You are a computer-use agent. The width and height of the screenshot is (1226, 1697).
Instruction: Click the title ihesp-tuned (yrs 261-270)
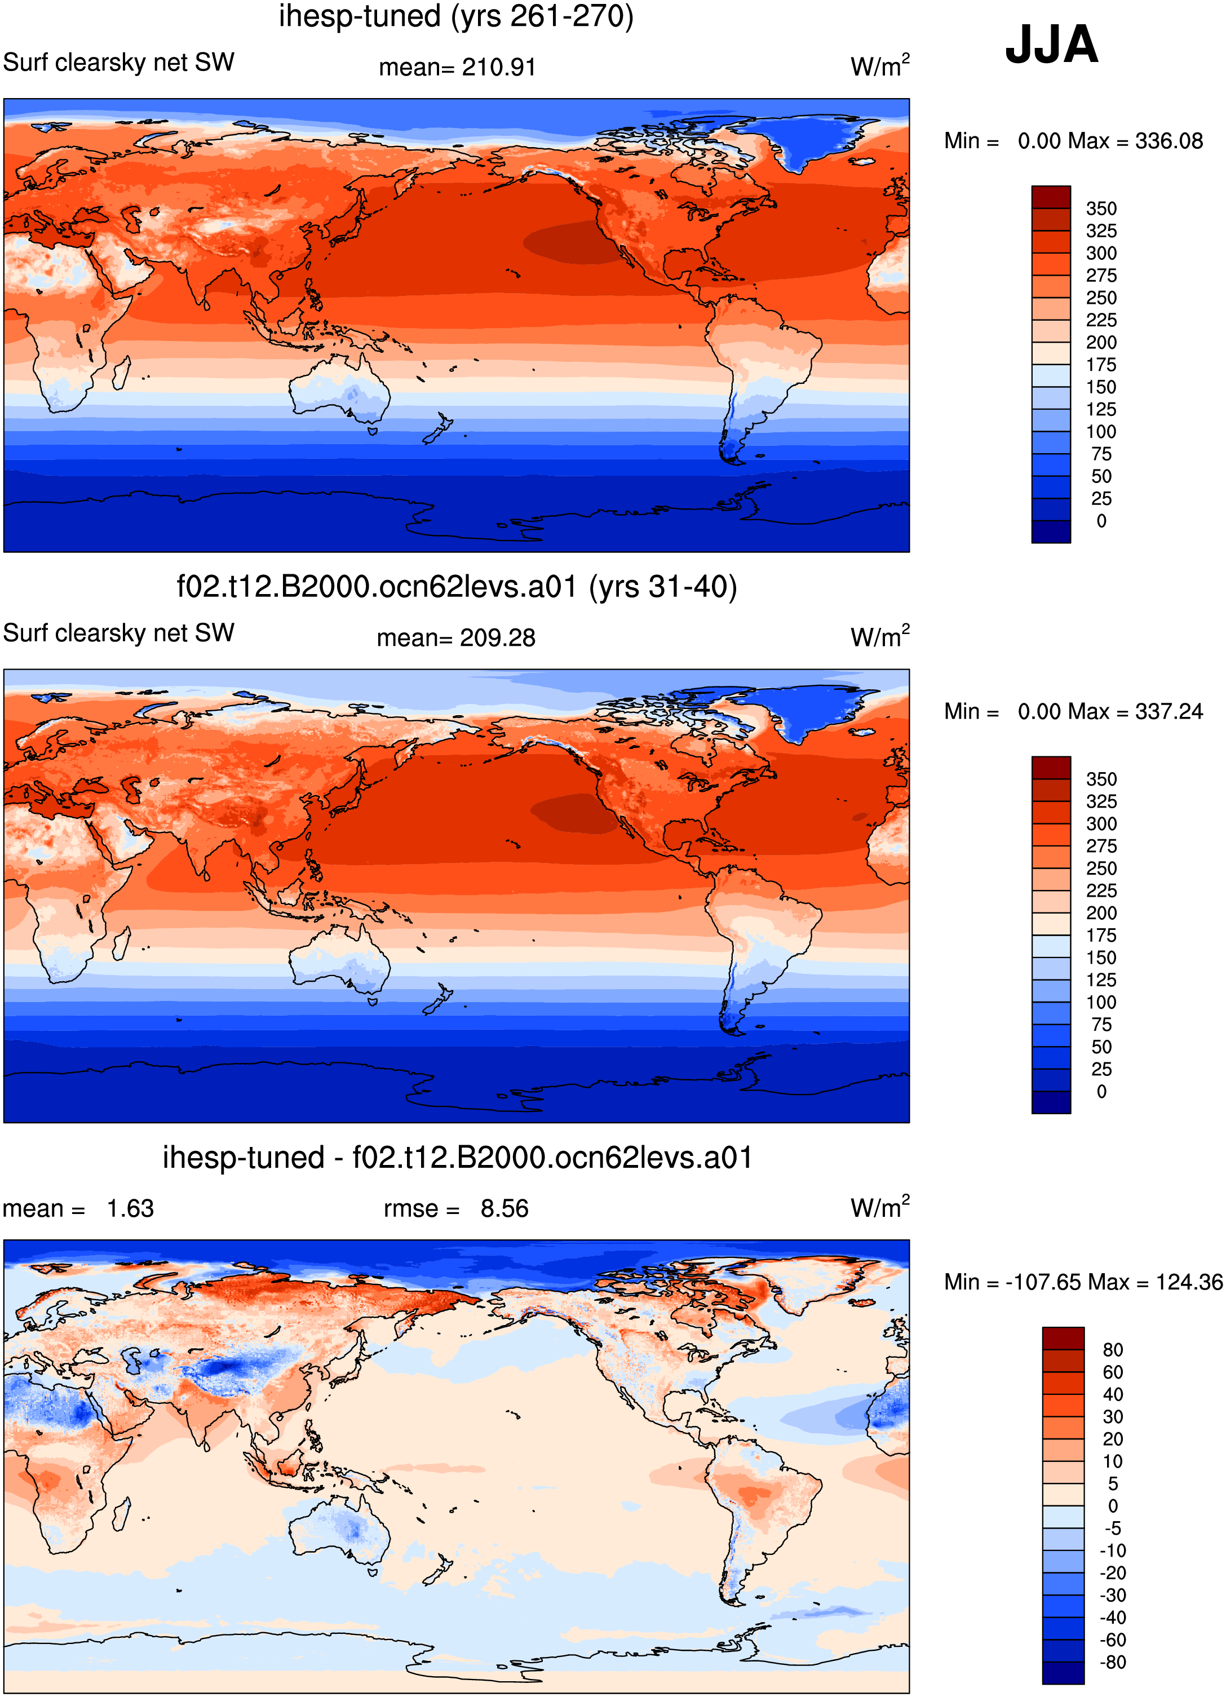[x=457, y=16]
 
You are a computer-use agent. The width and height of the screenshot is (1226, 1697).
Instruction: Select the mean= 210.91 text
[x=457, y=67]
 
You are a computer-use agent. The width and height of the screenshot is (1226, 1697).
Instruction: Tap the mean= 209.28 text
[x=456, y=638]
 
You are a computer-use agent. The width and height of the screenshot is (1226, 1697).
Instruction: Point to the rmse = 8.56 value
[x=456, y=1208]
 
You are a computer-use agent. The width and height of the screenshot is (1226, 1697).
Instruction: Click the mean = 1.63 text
[x=78, y=1208]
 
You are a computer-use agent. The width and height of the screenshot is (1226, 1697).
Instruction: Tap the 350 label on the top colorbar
[x=1101, y=209]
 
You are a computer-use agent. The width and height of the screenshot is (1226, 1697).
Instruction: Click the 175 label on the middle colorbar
[x=1101, y=936]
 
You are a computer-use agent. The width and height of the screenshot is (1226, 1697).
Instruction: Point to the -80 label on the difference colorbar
[x=1112, y=1662]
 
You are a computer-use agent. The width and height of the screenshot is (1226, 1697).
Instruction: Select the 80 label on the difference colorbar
[x=1112, y=1350]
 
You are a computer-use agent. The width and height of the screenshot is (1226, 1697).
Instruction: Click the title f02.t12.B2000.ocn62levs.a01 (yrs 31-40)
[x=457, y=587]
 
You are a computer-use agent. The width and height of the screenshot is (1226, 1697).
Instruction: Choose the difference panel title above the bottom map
[x=457, y=1158]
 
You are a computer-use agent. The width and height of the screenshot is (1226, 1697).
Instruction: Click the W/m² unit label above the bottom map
[x=880, y=1206]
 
